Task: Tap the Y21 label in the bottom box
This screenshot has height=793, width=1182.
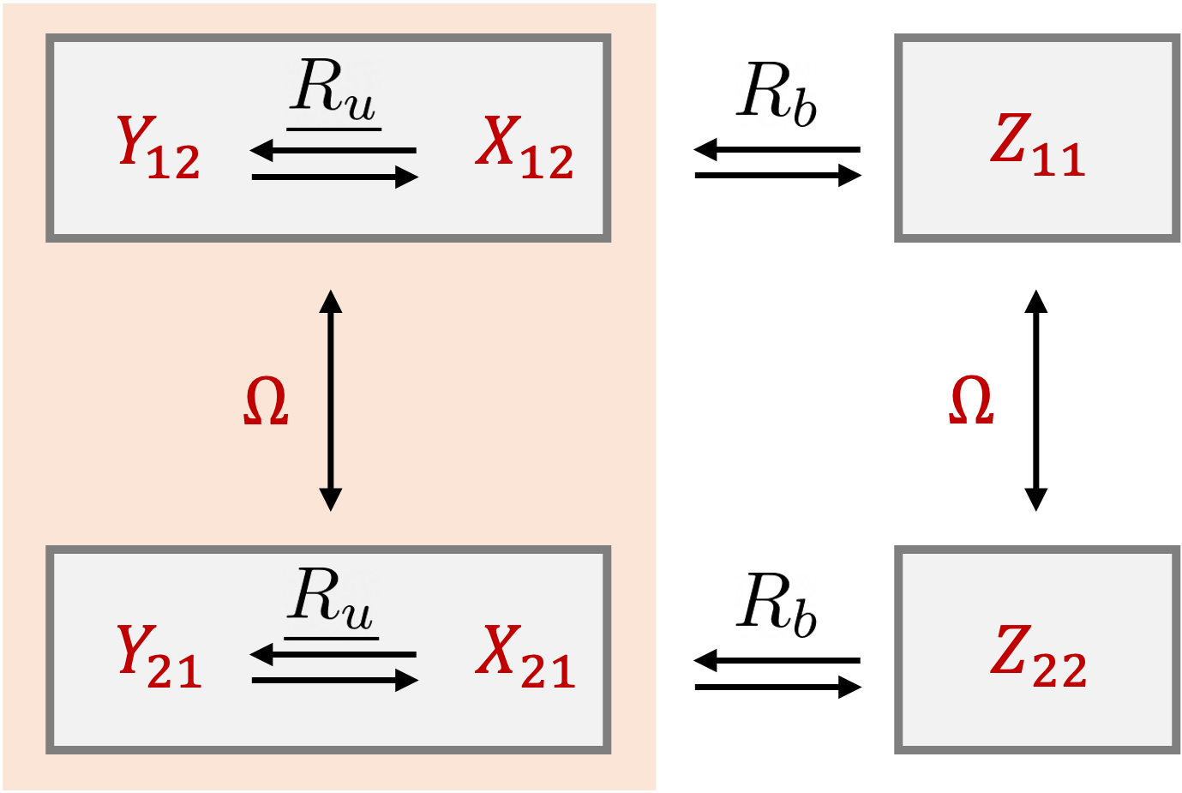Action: (159, 657)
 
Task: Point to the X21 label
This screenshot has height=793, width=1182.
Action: (525, 657)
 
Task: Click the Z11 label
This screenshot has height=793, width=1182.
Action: (1038, 146)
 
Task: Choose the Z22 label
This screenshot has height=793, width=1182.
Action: (1038, 657)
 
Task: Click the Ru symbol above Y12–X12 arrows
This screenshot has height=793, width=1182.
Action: (333, 89)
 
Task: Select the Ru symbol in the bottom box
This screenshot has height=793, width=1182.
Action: (331, 598)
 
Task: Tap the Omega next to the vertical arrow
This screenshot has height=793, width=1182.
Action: (266, 401)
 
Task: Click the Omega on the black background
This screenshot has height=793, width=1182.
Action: (971, 400)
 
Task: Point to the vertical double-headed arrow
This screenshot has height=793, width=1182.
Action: (331, 400)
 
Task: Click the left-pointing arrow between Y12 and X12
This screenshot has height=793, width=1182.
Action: (333, 151)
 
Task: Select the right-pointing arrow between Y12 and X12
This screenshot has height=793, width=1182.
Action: (335, 177)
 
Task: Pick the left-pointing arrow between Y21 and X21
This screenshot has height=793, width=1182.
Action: (333, 655)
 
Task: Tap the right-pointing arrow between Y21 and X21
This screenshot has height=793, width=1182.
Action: (335, 681)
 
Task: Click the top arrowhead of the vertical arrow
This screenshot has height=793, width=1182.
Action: (331, 300)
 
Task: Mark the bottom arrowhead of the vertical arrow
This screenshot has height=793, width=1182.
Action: (331, 500)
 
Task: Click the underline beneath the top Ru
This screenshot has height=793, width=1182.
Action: (333, 129)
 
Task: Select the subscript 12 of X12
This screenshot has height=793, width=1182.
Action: (547, 161)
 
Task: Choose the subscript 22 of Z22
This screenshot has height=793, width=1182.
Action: (1059, 670)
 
